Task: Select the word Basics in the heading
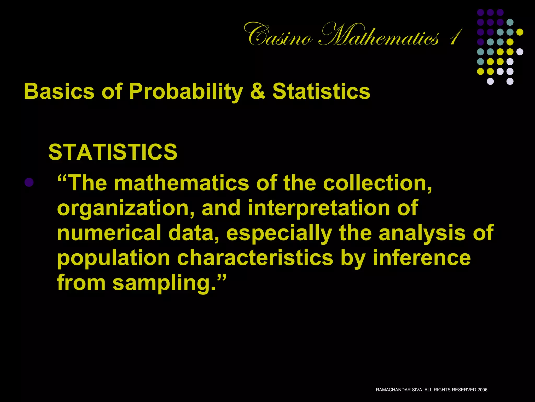click(x=59, y=91)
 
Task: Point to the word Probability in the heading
click(x=186, y=92)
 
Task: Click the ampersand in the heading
click(x=258, y=91)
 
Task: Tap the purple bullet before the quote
click(x=29, y=182)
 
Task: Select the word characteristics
click(x=255, y=258)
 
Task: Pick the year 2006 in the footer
click(x=482, y=390)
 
